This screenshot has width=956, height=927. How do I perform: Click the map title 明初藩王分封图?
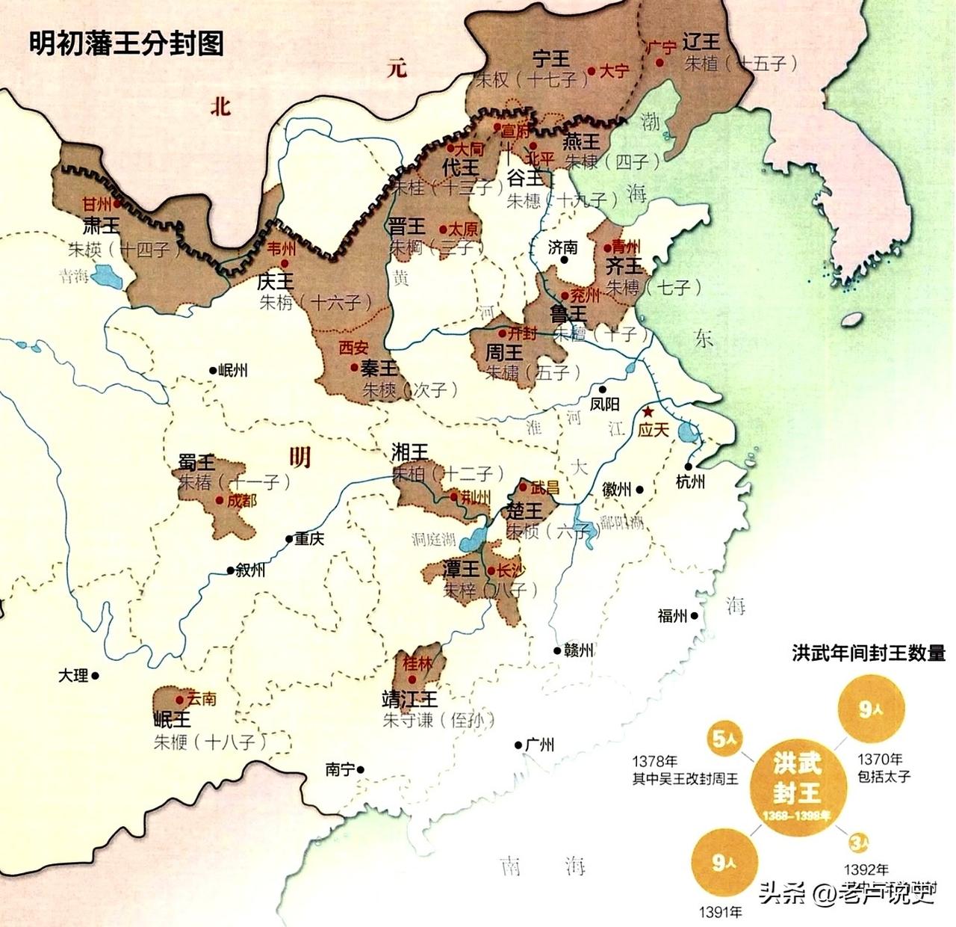pos(126,43)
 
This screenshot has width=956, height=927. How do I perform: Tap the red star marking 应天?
pos(648,412)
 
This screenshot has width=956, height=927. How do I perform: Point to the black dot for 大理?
pos(95,675)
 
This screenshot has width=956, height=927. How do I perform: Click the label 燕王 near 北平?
pos(581,141)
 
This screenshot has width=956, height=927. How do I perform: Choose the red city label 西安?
pos(353,348)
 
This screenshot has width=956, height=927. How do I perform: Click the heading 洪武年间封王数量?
pos(869,653)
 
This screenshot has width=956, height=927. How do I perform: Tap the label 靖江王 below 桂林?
pos(409,699)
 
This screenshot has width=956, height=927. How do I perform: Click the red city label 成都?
pos(241,499)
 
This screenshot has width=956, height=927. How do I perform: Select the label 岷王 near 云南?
pos(172,719)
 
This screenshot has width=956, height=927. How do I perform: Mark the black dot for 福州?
pos(695,616)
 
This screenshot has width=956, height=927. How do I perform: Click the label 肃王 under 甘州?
pos(101,226)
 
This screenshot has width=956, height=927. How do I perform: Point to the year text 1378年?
pos(655,761)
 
